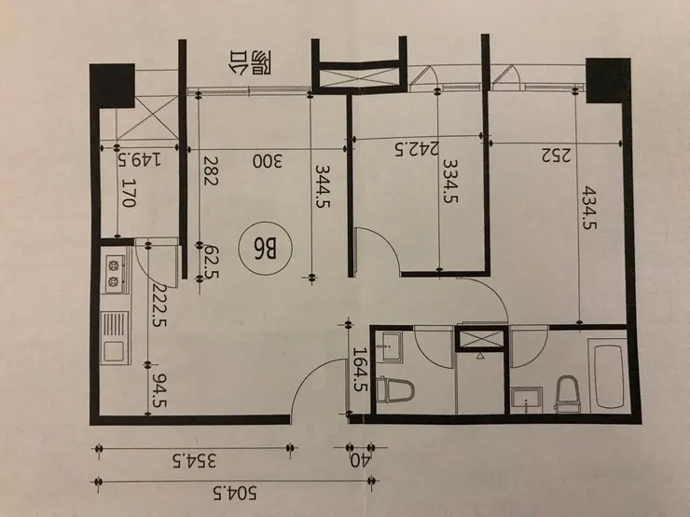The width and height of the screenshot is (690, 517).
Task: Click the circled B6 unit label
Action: (x=265, y=249)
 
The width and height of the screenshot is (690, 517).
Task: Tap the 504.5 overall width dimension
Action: (x=234, y=493)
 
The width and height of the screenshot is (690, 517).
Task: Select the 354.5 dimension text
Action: (x=195, y=462)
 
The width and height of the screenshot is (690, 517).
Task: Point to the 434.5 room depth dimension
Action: (x=588, y=209)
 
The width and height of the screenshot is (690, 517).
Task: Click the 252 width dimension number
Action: (x=556, y=156)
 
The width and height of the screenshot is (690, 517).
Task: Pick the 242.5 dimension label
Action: (x=416, y=149)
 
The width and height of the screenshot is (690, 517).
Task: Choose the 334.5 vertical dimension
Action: (x=449, y=180)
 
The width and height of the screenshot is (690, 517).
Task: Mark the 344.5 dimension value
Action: (x=323, y=185)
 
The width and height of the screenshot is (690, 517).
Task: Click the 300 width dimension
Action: (x=267, y=161)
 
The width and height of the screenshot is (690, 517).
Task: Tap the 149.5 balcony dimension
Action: (x=139, y=158)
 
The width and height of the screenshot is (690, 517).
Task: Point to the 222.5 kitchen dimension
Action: (x=159, y=306)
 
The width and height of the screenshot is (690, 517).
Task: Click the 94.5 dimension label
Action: (x=159, y=391)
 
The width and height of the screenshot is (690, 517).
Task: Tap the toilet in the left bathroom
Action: (x=395, y=389)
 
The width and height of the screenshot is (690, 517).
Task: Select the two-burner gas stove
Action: (x=115, y=273)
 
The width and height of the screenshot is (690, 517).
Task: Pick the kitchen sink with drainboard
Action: (x=115, y=337)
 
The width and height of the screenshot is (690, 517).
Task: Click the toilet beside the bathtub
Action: (x=567, y=393)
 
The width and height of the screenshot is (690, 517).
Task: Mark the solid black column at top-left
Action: (x=112, y=86)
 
